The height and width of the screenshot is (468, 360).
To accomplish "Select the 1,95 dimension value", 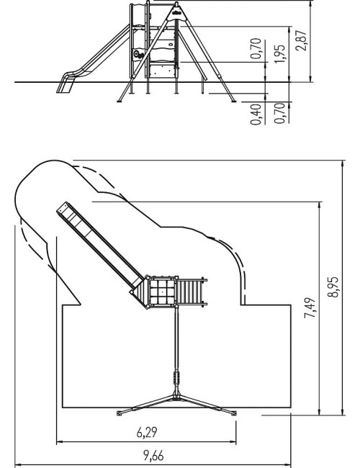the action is coord(279,54).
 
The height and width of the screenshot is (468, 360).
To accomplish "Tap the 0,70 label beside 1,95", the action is coord(256,49).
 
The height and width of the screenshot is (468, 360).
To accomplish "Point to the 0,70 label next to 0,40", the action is coord(279,113).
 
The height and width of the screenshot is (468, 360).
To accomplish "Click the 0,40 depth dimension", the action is coord(256,114).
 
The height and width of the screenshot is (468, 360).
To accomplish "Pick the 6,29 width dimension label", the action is coord(147,433).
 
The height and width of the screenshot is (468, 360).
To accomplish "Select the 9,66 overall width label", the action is coord(153,456).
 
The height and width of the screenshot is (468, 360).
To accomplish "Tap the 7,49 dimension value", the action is coord(310,307).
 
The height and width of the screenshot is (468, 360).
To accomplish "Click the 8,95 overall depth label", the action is coord(333,287).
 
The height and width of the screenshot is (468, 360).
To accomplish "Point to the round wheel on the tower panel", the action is coord(136,54).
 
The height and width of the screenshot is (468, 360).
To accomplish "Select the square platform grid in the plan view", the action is coord(161,292).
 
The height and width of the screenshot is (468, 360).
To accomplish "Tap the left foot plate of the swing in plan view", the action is coord(120,413).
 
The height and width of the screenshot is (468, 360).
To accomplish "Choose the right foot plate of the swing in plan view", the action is coord(233,413).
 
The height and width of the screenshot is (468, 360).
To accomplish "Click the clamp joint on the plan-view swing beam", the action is coord(176,378).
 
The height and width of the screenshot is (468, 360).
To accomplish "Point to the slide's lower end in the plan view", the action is coord(63,208).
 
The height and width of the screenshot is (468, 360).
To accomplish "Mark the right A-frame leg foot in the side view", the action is coord(233,101).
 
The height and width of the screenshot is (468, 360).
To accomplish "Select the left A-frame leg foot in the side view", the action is coord(120,102).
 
